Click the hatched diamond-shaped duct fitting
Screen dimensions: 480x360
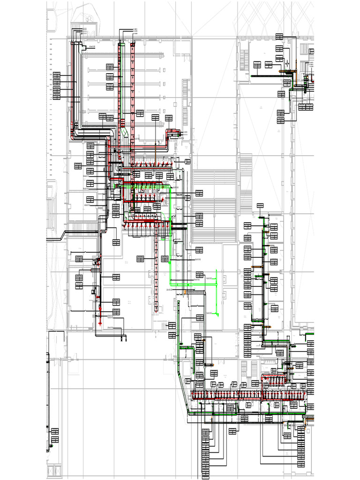tap(125, 134)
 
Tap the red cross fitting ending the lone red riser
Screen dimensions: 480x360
tap(100, 323)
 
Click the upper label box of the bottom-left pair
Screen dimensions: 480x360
tap(55, 431)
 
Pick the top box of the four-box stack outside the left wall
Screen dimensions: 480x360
tap(57, 74)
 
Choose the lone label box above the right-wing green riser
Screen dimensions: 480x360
tap(260, 205)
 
